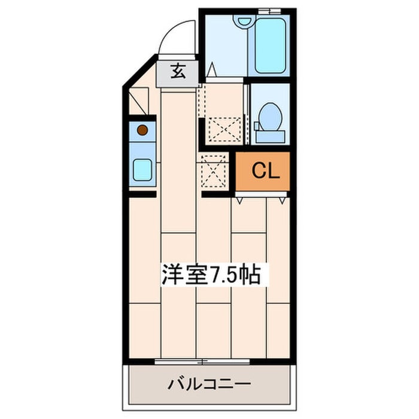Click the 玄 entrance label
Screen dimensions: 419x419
(x=178, y=71)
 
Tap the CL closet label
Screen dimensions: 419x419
(x=266, y=171)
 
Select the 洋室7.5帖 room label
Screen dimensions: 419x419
(x=211, y=275)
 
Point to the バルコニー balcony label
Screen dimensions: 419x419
(x=209, y=384)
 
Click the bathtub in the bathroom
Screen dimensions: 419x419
(x=271, y=45)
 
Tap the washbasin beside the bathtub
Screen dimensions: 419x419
(x=243, y=20)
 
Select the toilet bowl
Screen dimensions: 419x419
(x=271, y=117)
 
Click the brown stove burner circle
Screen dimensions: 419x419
(x=142, y=130)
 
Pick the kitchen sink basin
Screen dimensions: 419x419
(x=142, y=169)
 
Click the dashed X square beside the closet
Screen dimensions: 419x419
(x=212, y=172)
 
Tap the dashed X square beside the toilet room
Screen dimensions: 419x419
(x=224, y=130)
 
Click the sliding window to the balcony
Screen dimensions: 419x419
(x=202, y=362)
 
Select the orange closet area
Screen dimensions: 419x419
(x=263, y=171)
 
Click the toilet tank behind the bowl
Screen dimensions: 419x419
(x=271, y=136)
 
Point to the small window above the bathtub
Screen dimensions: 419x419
(x=269, y=11)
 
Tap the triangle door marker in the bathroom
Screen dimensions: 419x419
(x=212, y=69)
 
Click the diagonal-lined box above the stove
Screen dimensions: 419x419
(x=139, y=101)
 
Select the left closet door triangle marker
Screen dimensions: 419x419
(x=239, y=201)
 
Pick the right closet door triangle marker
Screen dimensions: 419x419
(x=283, y=201)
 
